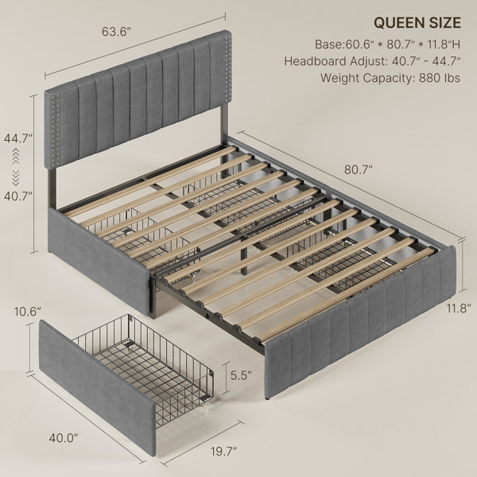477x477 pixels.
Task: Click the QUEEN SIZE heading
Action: tap(417, 23)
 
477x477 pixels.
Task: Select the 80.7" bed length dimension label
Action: tap(359, 170)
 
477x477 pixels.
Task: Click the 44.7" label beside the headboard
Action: tap(18, 138)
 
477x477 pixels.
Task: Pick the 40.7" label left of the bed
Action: tap(18, 196)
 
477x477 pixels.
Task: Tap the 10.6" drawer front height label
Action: tap(27, 312)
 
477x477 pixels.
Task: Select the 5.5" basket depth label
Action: tap(241, 375)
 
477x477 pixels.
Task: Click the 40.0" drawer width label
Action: tap(64, 438)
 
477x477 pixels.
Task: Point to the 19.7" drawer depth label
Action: tap(224, 451)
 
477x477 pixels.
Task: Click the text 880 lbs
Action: tap(440, 78)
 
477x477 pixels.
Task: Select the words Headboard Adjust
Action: tap(335, 61)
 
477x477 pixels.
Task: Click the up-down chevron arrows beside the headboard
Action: tap(16, 167)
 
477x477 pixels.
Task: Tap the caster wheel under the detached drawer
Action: tap(207, 406)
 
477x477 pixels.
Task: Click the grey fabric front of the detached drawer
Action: tap(97, 386)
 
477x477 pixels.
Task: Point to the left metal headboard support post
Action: tap(52, 189)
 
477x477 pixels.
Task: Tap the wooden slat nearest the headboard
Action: tap(151, 182)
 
